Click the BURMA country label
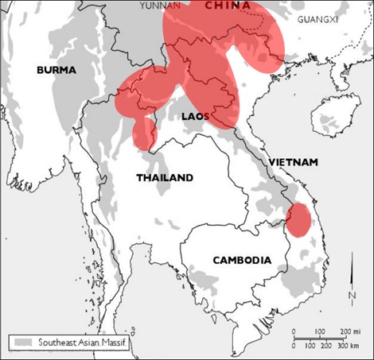56,70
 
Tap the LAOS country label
195,116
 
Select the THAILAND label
165,177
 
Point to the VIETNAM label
293,162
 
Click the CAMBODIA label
242,260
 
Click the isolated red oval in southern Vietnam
298,219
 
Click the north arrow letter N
352,296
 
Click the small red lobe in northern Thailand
144,132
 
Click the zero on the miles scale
294,331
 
